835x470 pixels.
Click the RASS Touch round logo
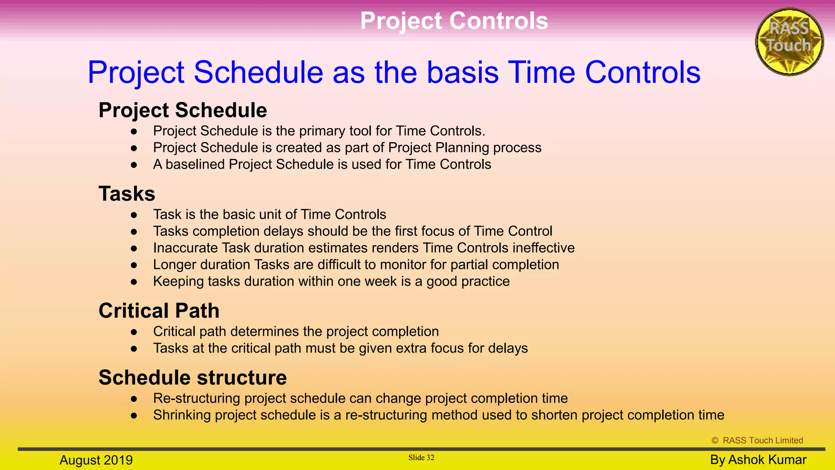point(789,42)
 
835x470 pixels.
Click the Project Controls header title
point(454,21)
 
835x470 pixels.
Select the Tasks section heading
point(127,193)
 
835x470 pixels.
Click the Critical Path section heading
point(159,310)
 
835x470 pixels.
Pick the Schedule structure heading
point(192,377)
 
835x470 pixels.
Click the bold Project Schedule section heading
point(183,110)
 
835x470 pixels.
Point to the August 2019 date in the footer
point(96,460)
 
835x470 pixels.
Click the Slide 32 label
point(421,458)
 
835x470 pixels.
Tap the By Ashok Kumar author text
point(758,460)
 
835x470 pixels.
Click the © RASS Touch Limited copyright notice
point(757,441)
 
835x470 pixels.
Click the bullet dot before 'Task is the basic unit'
point(134,215)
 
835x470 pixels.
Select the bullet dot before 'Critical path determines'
point(134,332)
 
